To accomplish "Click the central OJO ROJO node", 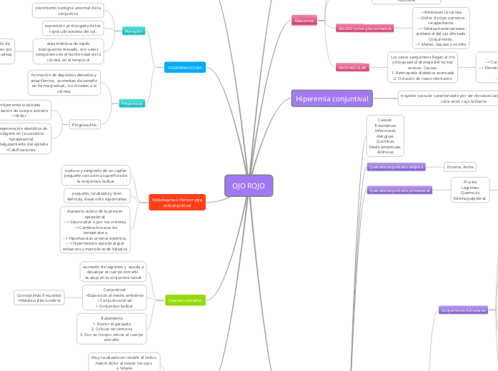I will point(249,185).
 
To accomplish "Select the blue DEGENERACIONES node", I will point(185,67).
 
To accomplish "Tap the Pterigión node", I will point(134,31).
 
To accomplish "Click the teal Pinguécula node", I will point(132,103).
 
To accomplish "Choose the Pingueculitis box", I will point(85,124).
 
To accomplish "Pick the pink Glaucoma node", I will point(304,21).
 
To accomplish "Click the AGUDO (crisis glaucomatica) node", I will point(364,28).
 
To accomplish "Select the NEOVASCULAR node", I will point(352,67).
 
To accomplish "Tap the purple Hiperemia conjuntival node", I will point(332,98).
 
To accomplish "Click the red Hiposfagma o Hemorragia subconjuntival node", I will point(177,202).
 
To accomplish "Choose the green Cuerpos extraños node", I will point(184,300).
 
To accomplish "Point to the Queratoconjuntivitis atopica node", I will point(396,166).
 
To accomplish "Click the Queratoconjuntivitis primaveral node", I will point(399,190).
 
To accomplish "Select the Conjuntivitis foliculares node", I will point(463,310).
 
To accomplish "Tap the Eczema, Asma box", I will point(459,166).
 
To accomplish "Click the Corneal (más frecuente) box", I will point(39,298).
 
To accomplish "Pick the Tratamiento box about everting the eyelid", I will point(111,328).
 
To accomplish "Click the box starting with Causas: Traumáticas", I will point(385,136).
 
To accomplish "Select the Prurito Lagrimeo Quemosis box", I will point(470,190).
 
